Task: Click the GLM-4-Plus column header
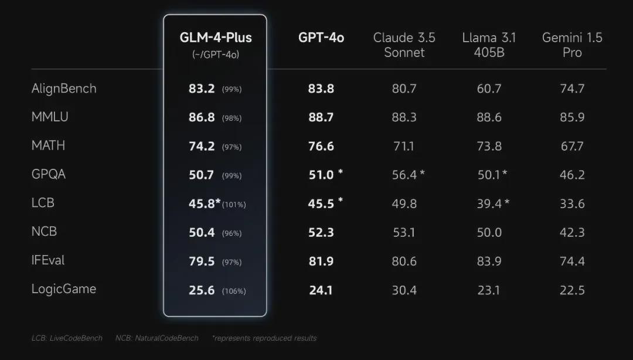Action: point(215,38)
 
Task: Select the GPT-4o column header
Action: point(321,38)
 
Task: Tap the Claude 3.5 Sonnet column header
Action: point(404,45)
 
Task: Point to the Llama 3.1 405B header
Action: point(489,45)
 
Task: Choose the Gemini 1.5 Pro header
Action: point(572,45)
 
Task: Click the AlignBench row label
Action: point(64,89)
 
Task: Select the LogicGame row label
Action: point(64,289)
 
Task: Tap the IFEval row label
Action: point(48,260)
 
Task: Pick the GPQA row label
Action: point(49,174)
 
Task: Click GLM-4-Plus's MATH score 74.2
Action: point(202,146)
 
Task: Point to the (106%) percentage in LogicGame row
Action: point(234,291)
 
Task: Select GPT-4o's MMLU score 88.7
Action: point(321,117)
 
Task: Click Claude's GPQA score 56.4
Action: point(404,175)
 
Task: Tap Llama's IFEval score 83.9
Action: point(489,261)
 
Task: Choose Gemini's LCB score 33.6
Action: point(572,203)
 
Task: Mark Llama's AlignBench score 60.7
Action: point(489,89)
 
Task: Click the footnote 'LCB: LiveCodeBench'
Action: point(67,338)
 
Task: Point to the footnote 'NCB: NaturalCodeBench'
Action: point(156,338)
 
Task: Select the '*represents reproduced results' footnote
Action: point(264,338)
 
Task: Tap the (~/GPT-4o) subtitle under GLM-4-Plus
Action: point(215,55)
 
